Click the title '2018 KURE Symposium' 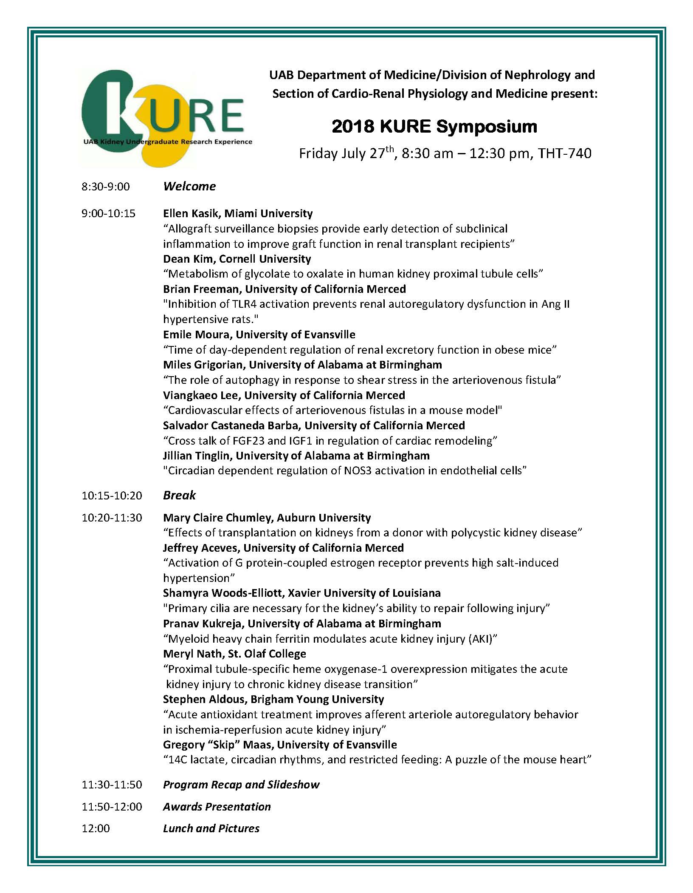434,127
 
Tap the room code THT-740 564,153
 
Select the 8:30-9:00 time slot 106,187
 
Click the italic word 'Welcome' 189,187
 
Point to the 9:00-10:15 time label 108,213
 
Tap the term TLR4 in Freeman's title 247,304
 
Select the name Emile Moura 196,335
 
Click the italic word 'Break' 180,496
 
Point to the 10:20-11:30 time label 112,518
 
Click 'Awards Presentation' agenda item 217,807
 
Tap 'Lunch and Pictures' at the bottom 211,828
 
